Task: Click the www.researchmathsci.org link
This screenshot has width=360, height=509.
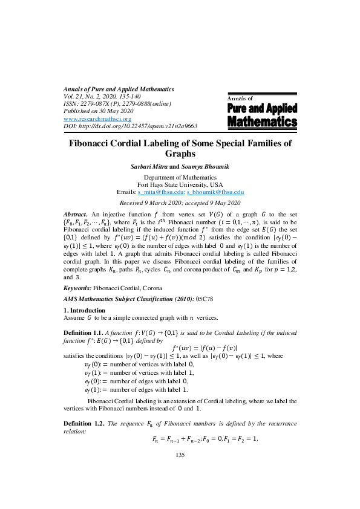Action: click(93, 119)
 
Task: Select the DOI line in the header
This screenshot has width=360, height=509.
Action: click(130, 126)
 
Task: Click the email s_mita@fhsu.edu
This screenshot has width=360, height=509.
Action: click(160, 192)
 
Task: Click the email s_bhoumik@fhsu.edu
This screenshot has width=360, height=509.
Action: click(215, 192)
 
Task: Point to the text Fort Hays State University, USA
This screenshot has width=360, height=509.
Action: click(180, 184)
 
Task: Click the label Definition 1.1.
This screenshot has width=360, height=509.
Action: click(83, 333)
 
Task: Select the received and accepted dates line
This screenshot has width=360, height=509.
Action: click(180, 203)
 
